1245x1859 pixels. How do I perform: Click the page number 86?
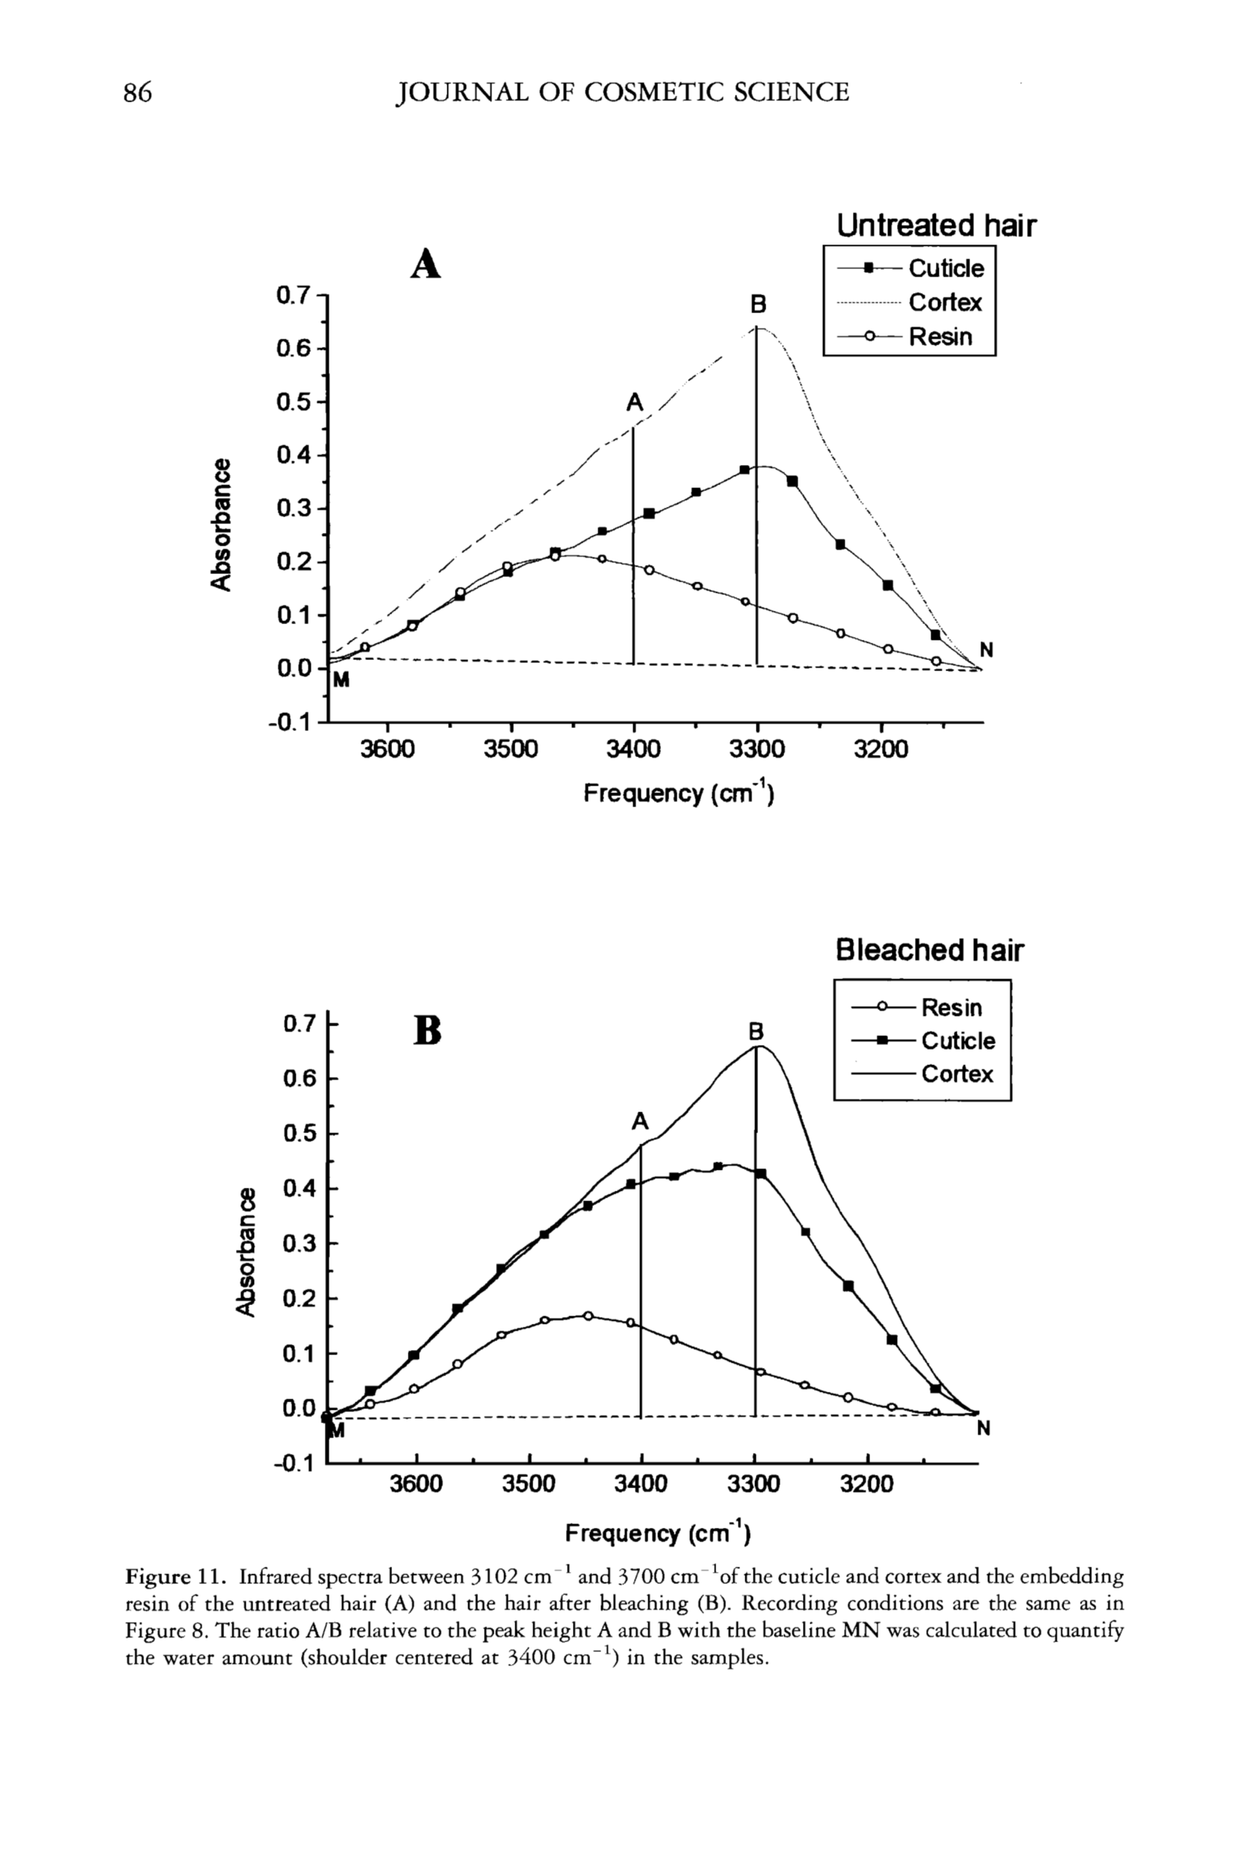[x=137, y=93]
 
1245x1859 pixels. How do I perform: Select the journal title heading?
[x=623, y=93]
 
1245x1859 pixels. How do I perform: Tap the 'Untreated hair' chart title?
[x=936, y=226]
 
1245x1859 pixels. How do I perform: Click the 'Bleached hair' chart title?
[x=929, y=950]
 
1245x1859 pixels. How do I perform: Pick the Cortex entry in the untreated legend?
[x=945, y=303]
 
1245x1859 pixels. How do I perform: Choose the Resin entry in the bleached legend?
[x=951, y=1008]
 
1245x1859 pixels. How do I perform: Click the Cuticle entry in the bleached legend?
[x=957, y=1041]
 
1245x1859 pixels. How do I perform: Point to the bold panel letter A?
[x=426, y=265]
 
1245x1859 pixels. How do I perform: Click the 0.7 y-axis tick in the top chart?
[x=292, y=296]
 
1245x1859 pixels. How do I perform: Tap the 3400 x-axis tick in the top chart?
[x=633, y=749]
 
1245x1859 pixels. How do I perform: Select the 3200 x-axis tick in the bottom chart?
[x=868, y=1484]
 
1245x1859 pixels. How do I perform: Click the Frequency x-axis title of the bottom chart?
[x=656, y=1532]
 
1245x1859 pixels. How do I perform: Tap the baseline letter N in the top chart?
[x=986, y=650]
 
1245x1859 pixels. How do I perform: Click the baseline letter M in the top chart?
[x=341, y=681]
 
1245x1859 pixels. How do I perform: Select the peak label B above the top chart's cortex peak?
[x=758, y=304]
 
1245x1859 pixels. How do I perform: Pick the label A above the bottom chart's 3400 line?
[x=640, y=1122]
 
